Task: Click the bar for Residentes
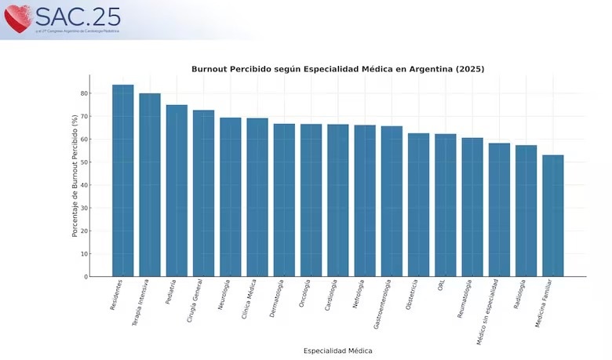[x=123, y=180]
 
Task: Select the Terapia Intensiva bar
[x=150, y=185]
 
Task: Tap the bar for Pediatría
[x=177, y=191]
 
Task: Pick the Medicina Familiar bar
[x=552, y=216]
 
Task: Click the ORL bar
[x=446, y=205]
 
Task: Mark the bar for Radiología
[x=526, y=210]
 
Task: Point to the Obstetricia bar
[x=418, y=205]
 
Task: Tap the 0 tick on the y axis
[x=85, y=277]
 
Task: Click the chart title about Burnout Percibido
[x=337, y=69]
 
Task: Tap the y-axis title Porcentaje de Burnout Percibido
[x=75, y=176]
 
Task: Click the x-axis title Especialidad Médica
[x=337, y=351]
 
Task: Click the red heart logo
[x=17, y=19]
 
